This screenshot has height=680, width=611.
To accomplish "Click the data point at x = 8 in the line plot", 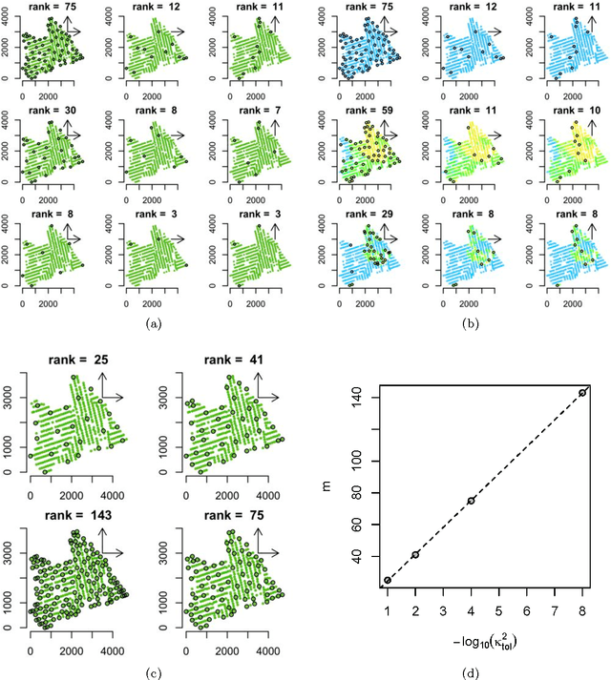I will point(582,393).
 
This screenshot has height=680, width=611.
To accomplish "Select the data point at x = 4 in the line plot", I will point(471,501).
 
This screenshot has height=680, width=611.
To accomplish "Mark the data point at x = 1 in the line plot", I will point(388,580).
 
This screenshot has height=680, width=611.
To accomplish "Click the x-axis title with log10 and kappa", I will point(485,633).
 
